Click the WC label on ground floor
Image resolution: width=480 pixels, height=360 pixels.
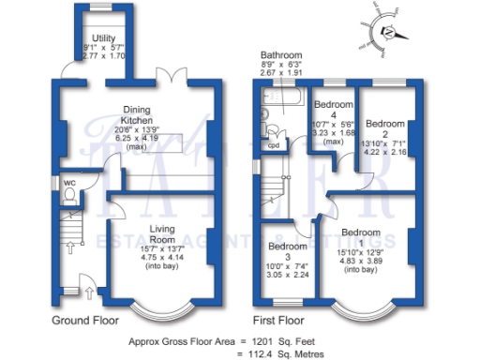[68, 183]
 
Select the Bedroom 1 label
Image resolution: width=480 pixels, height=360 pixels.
[359, 232]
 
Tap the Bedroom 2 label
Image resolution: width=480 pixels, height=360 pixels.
[384, 124]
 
